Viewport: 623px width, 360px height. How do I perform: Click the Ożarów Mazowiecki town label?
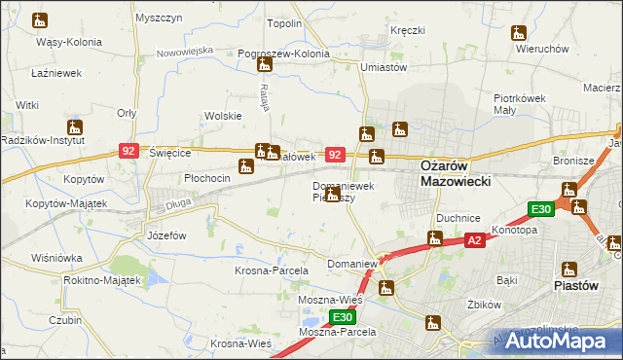tap(456, 173)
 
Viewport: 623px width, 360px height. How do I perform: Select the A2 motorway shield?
tap(474, 239)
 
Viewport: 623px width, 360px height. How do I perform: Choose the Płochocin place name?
tap(206, 178)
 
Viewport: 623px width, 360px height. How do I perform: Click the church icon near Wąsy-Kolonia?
tap(40, 20)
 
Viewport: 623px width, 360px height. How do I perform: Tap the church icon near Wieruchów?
tap(519, 34)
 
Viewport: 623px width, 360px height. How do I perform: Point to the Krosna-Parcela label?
tap(271, 270)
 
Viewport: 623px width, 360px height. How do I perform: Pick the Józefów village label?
tap(165, 236)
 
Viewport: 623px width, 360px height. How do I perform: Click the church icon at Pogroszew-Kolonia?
tap(264, 65)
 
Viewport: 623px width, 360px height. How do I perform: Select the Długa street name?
tap(176, 203)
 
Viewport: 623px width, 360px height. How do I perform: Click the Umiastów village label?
tap(383, 67)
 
